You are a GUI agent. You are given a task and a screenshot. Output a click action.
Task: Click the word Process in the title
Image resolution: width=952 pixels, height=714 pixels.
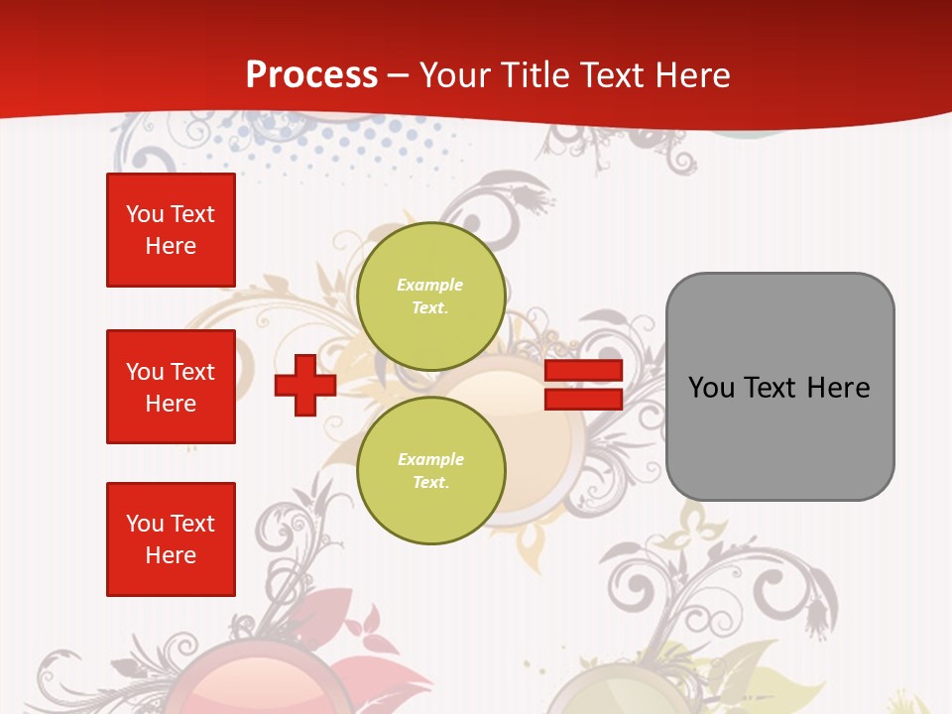pos(311,75)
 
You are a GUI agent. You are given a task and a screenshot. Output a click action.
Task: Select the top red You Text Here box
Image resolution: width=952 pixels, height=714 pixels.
pos(171,230)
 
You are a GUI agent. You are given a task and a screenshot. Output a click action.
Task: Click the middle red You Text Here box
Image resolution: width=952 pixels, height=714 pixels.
pos(171,387)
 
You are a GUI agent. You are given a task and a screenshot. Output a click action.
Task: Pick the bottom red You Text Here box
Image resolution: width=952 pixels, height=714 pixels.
pos(171,539)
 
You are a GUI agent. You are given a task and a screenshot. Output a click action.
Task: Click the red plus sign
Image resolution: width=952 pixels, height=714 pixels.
pos(304,385)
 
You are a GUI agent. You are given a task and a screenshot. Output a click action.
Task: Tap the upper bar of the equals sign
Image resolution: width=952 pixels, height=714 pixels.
pos(583,370)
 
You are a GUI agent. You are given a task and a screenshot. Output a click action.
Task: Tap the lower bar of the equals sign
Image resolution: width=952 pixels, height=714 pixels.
pos(583,399)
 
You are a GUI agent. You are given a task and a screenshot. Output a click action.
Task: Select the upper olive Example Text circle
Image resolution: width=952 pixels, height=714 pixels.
pos(430,297)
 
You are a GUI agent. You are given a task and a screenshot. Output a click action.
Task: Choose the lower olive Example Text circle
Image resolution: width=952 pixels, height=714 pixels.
pos(430,471)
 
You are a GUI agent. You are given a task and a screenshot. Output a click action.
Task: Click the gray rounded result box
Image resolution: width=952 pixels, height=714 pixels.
pos(779,387)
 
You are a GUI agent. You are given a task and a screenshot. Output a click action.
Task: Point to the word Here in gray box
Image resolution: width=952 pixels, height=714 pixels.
pos(838,388)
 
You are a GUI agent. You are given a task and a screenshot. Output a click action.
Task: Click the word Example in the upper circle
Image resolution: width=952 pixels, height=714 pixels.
pos(430,285)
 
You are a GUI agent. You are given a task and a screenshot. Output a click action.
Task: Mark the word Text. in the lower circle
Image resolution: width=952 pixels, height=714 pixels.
pos(430,483)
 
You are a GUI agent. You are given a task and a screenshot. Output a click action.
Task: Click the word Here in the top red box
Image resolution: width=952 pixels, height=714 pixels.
pos(171,246)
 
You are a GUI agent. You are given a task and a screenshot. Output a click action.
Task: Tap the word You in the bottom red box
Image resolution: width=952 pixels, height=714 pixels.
pos(145,524)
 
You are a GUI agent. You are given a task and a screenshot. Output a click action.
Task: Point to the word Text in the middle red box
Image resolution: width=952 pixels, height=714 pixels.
pos(192,372)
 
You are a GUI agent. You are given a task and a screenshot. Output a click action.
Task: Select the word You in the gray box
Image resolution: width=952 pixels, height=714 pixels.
pos(711,388)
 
